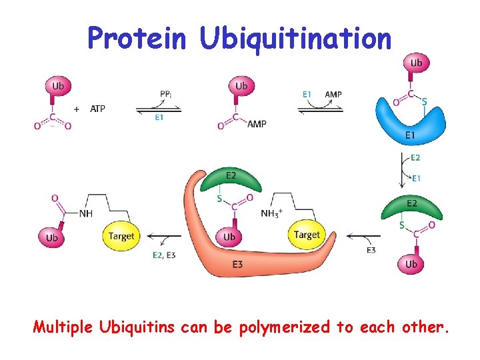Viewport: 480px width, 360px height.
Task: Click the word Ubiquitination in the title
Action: [x=295, y=38]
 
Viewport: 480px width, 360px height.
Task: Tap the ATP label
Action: [x=97, y=109]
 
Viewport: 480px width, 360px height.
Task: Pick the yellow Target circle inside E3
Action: [x=307, y=235]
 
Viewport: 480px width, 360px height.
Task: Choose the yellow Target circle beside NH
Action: [x=121, y=236]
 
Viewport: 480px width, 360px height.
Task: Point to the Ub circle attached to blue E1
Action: [x=417, y=63]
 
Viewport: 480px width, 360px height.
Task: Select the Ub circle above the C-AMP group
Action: [x=241, y=85]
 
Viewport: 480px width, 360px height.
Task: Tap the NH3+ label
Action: [x=273, y=214]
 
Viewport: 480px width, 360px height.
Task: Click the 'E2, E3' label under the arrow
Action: [x=164, y=254]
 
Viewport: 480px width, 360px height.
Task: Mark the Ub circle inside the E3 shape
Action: [x=229, y=237]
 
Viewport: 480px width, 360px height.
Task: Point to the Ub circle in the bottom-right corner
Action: [x=411, y=264]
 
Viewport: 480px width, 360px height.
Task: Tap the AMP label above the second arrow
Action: [x=333, y=95]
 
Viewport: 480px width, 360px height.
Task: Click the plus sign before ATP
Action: [x=77, y=109]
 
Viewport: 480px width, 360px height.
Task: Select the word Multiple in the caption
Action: [x=63, y=327]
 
